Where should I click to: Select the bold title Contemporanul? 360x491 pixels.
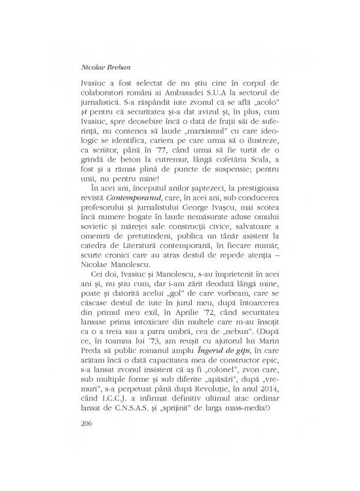[x=128, y=212]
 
